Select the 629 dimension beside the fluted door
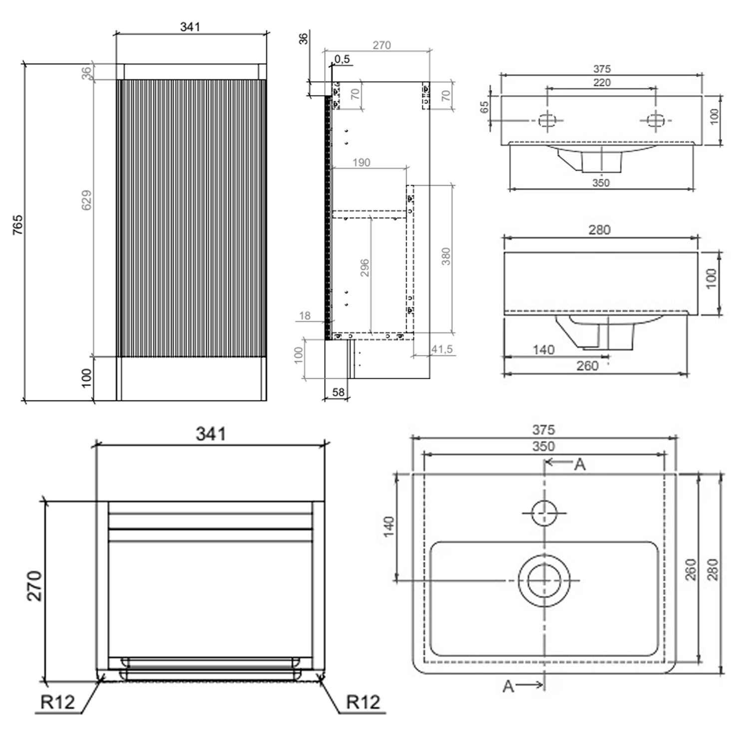click(86, 200)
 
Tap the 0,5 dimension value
click(342, 59)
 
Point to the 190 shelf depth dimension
click(361, 162)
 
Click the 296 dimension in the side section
click(365, 268)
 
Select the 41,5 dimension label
click(442, 349)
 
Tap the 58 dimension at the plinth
click(338, 392)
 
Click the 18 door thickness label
click(305, 316)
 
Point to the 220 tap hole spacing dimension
click(602, 82)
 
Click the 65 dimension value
click(484, 107)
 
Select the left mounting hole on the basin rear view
click(547, 120)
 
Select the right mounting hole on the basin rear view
click(655, 120)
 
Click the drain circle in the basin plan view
click(544, 581)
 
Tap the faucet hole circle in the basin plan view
click(544, 513)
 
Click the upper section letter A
click(580, 465)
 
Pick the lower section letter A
click(508, 687)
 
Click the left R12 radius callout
click(57, 702)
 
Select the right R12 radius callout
click(363, 702)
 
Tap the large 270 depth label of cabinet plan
click(34, 585)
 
